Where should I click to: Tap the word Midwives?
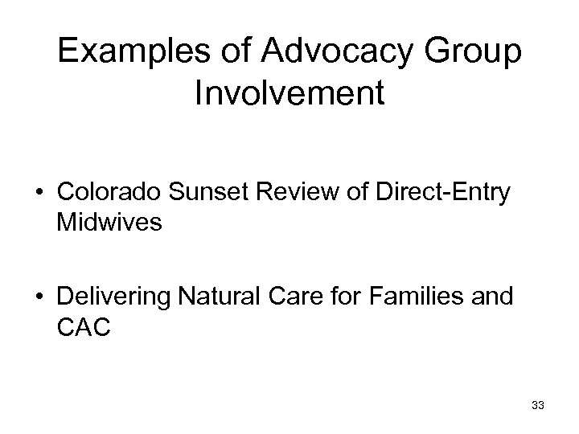[109, 223]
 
